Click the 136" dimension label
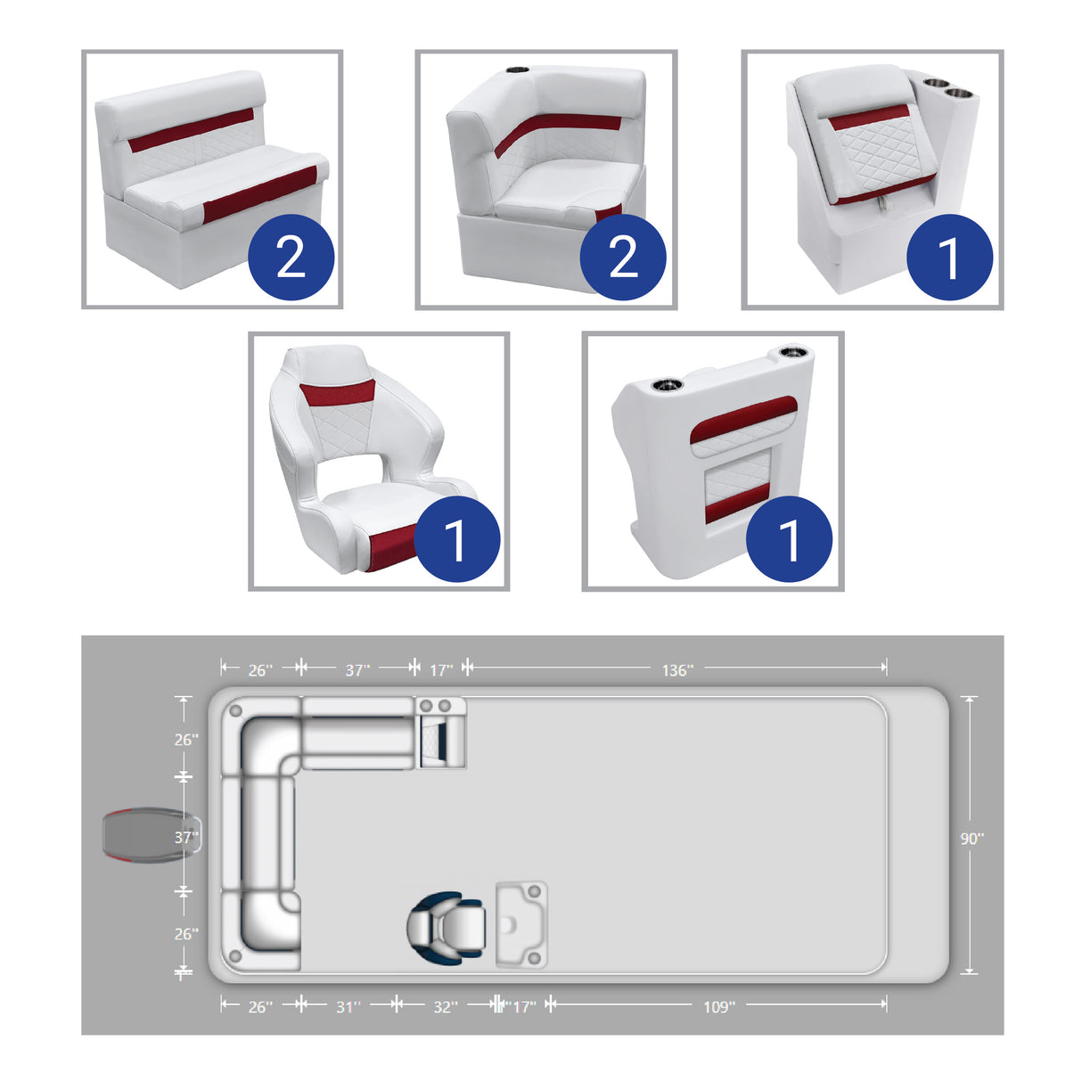click(676, 669)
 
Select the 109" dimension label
click(718, 1006)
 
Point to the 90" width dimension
click(971, 838)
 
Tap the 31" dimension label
click(348, 1006)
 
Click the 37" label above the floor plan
click(357, 669)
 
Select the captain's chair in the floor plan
click(446, 928)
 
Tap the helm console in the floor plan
click(521, 925)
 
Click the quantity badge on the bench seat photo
click(291, 257)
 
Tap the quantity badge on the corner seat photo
click(623, 257)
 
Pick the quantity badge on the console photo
click(789, 538)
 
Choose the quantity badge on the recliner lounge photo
click(949, 257)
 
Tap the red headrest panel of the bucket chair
click(336, 392)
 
